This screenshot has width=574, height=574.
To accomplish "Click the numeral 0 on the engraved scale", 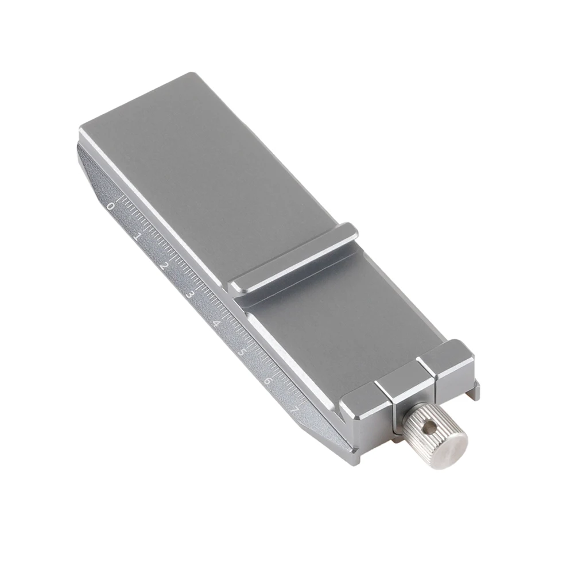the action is tap(110, 207).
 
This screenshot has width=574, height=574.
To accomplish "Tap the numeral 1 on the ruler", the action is tap(136, 237).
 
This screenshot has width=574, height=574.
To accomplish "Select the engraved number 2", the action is tap(163, 266).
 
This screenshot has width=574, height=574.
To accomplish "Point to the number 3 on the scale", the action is tap(190, 295).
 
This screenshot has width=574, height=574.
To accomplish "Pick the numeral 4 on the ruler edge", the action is tap(216, 324).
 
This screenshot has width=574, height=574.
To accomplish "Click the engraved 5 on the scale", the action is tap(242, 352).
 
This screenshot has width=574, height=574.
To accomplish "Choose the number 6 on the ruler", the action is tap(268, 381).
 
